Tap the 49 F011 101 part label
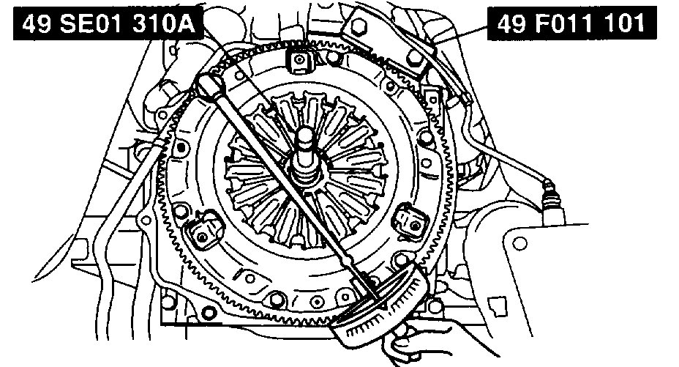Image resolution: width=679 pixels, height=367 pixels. click(x=571, y=23)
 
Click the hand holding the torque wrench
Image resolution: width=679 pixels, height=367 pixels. click(x=402, y=340)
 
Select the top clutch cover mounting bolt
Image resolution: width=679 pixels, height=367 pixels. click(x=299, y=59)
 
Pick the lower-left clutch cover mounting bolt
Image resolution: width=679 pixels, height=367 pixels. click(x=202, y=237)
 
